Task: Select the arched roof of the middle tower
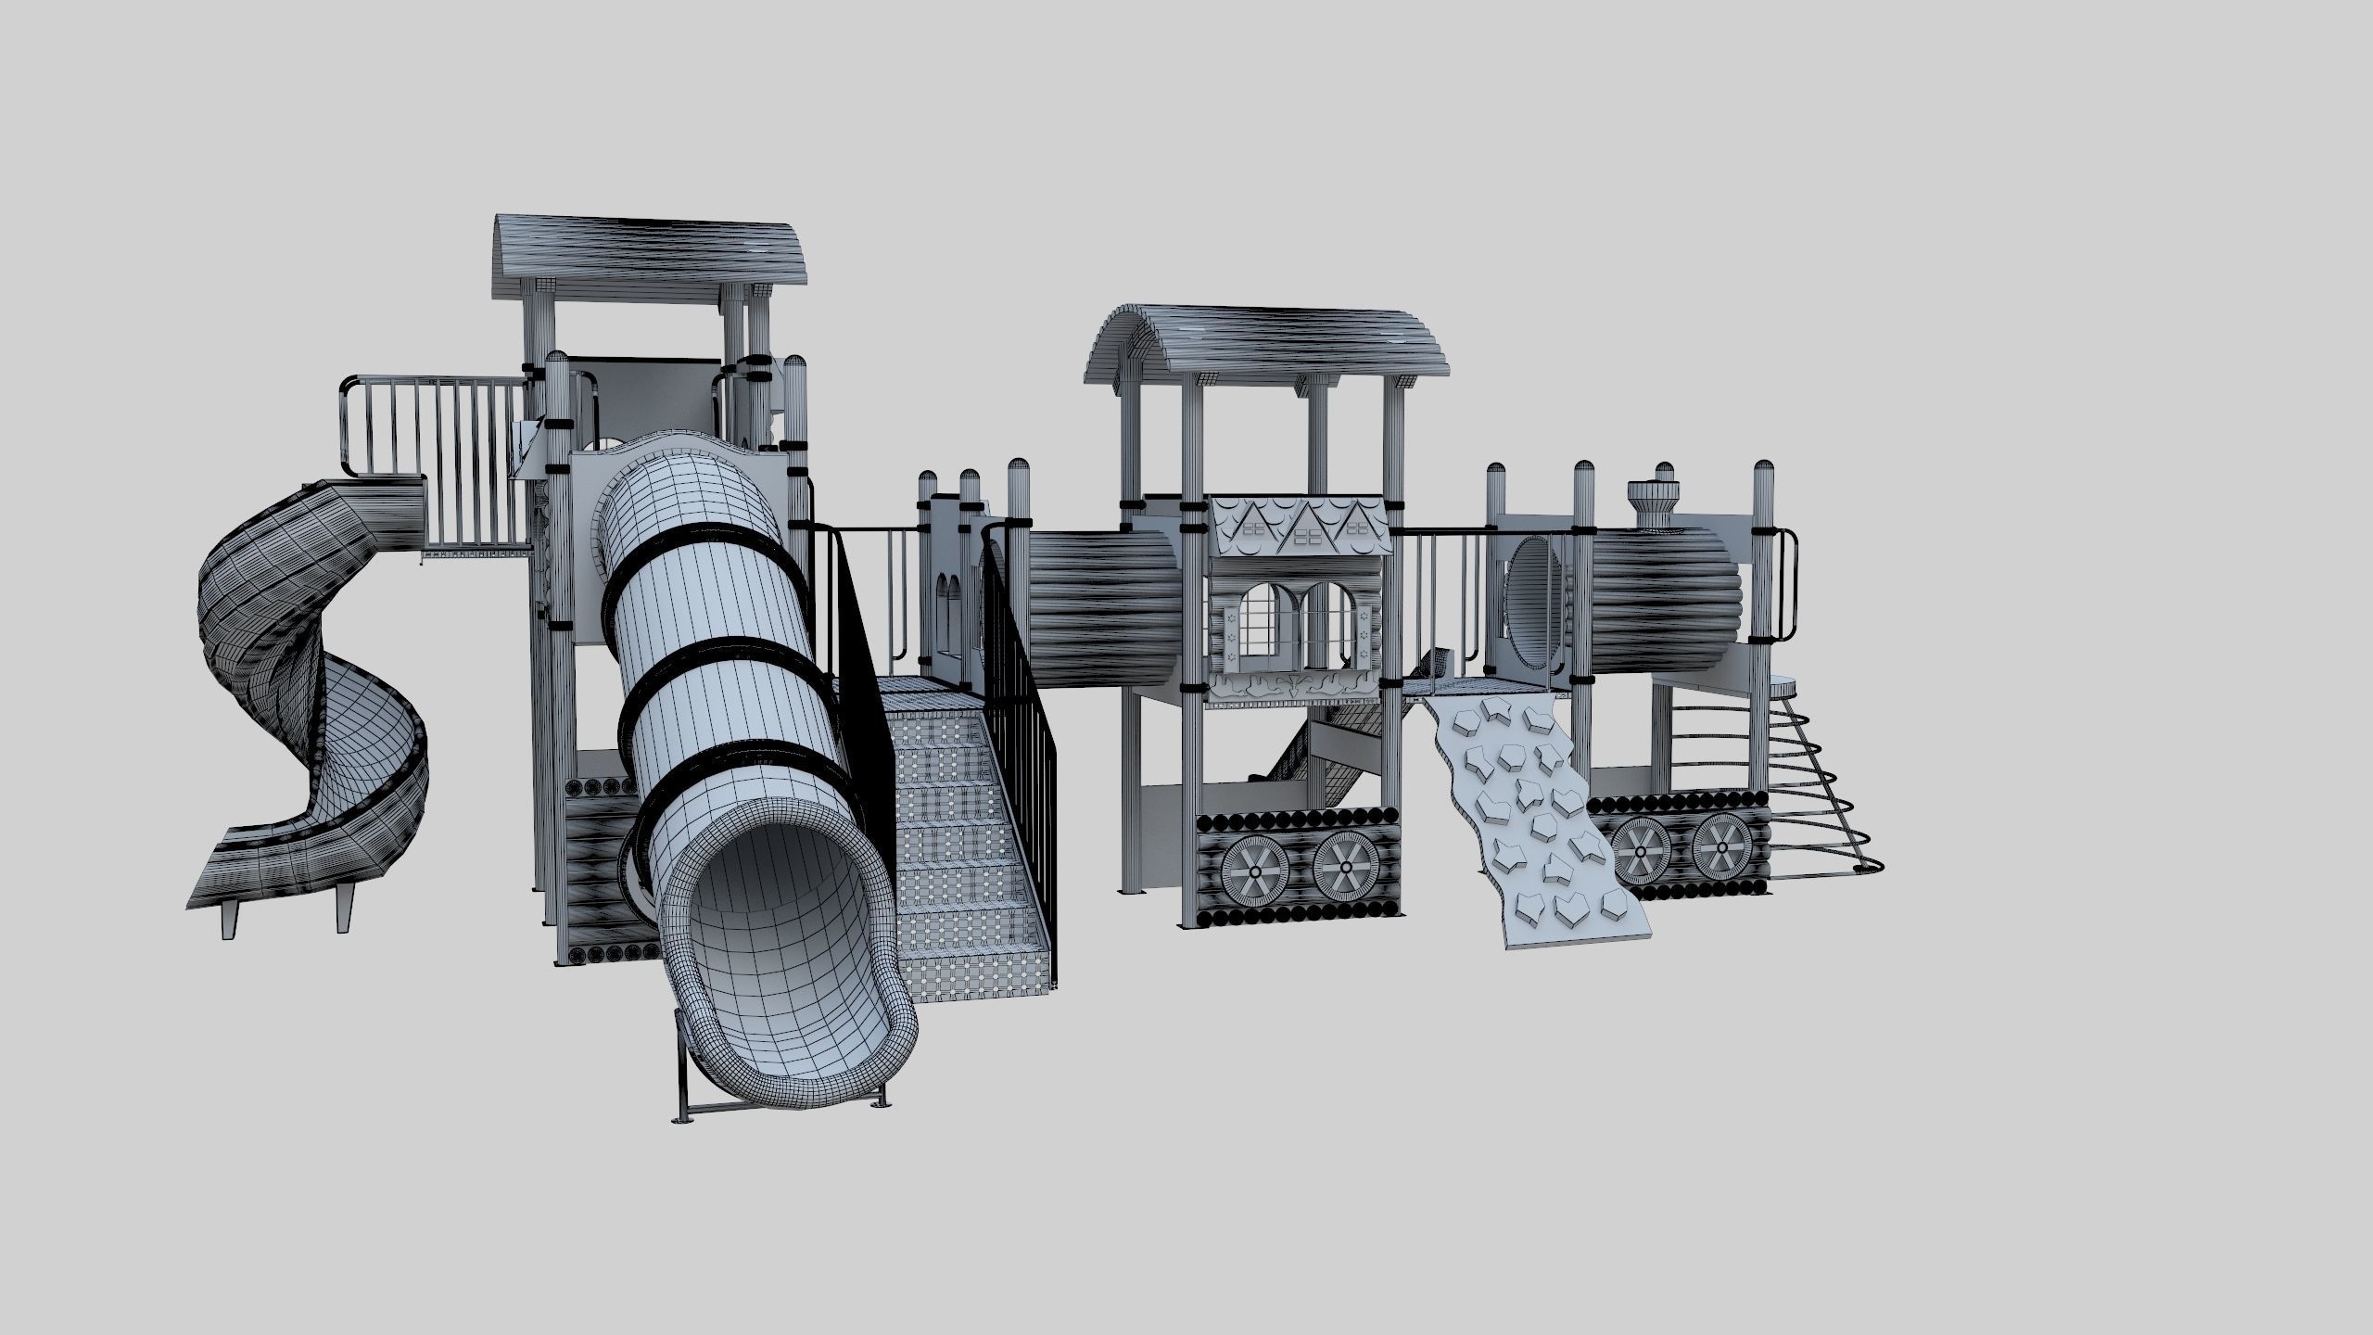1265,343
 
